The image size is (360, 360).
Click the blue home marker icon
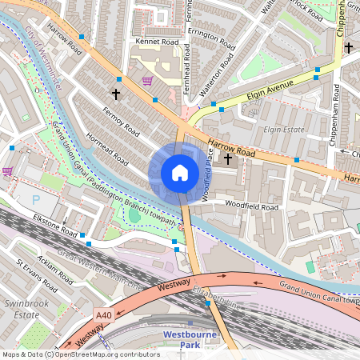pyautogui.click(x=180, y=173)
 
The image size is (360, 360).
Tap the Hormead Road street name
pyautogui.click(x=107, y=149)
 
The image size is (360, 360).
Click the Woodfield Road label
pyautogui.click(x=250, y=207)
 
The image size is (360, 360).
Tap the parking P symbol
pyautogui.click(x=34, y=198)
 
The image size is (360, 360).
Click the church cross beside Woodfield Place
pyautogui.click(x=228, y=158)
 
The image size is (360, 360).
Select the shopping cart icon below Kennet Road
pyautogui.click(x=146, y=81)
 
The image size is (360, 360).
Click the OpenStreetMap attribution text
pyautogui.click(x=81, y=354)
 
